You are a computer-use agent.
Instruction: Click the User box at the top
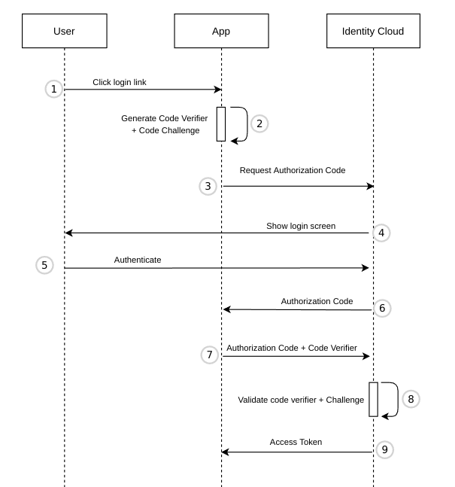click(64, 32)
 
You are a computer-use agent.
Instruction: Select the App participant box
click(221, 32)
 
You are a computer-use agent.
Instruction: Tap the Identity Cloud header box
click(373, 32)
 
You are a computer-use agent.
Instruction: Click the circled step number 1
click(53, 89)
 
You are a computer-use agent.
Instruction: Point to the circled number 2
click(258, 123)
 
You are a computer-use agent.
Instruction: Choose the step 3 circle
click(208, 186)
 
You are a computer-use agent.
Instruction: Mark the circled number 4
click(381, 233)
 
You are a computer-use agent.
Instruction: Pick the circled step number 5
click(44, 265)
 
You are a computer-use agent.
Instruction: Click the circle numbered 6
click(382, 308)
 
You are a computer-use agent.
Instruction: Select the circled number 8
click(410, 399)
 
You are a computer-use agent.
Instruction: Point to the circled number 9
click(384, 449)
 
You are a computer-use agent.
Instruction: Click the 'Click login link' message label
click(120, 81)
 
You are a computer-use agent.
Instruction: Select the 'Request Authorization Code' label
click(293, 170)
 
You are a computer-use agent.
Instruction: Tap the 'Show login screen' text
click(301, 226)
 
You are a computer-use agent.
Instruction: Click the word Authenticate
click(138, 260)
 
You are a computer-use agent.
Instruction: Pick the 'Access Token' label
click(296, 442)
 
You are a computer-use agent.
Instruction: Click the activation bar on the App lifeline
click(221, 123)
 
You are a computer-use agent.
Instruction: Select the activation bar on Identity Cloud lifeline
click(373, 399)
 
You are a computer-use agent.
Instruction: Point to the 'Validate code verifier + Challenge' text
click(301, 400)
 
